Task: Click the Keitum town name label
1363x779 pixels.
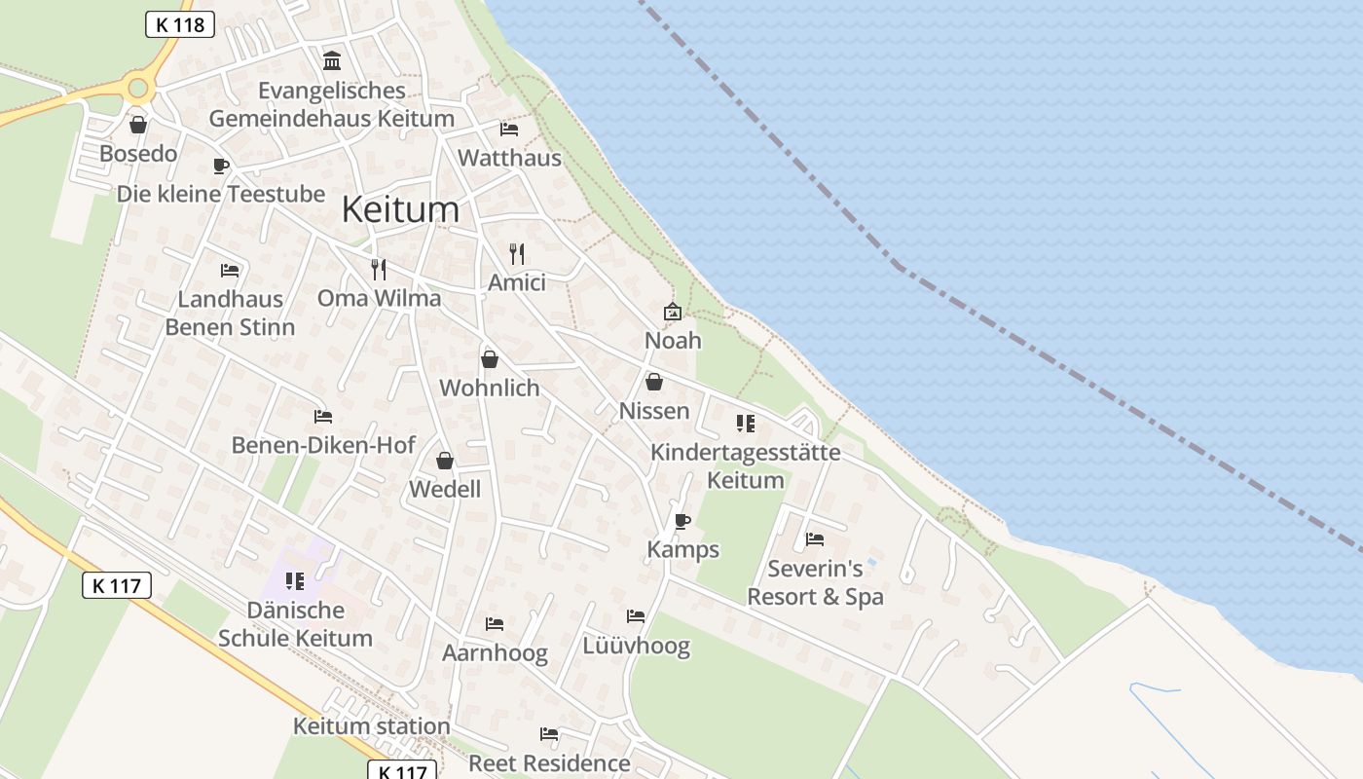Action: [x=400, y=209]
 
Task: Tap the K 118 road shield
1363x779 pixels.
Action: [x=180, y=24]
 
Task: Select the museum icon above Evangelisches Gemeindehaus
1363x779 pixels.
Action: [x=332, y=61]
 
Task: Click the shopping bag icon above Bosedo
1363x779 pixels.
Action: [x=138, y=125]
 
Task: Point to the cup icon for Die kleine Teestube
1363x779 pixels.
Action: [x=221, y=166]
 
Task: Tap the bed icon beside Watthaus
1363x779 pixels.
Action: [x=509, y=129]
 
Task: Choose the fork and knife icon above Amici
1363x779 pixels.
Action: [x=517, y=254]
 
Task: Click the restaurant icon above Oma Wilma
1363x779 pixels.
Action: [x=379, y=270]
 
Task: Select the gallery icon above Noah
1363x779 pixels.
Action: [x=673, y=312]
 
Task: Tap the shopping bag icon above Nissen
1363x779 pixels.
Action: [x=654, y=382]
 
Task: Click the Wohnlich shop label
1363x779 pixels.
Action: [x=489, y=388]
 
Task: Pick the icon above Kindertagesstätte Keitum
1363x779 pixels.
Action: [x=746, y=424]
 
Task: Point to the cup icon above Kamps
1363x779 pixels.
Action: [x=682, y=521]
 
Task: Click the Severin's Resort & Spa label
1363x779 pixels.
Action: [x=815, y=582]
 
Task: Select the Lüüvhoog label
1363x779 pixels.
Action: [x=636, y=646]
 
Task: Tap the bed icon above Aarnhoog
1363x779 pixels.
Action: [x=495, y=624]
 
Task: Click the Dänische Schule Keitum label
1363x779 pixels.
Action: [x=295, y=624]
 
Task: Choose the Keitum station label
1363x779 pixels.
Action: [x=371, y=726]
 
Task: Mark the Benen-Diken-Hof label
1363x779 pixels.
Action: [x=323, y=445]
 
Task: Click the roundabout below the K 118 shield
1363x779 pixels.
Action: [x=138, y=89]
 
